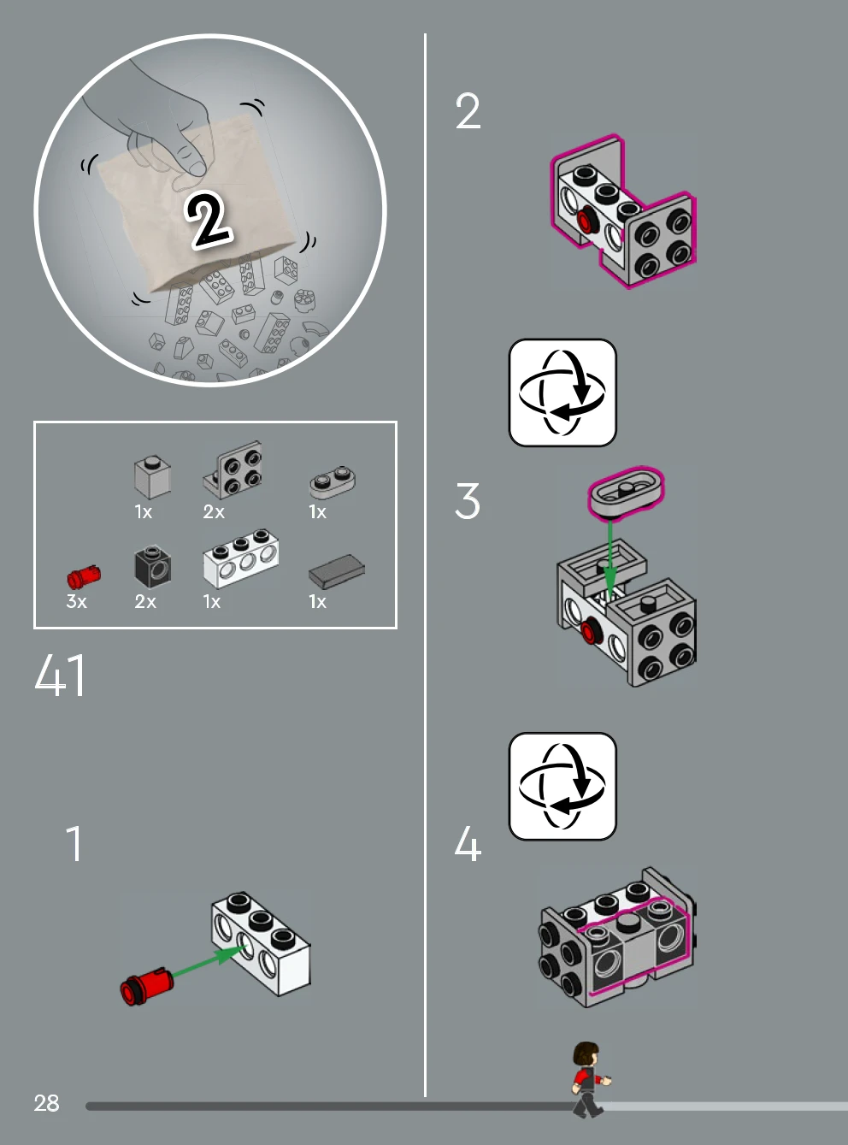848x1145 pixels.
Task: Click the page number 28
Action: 46,1103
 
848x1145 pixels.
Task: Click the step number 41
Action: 59,676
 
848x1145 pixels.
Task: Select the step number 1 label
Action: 74,843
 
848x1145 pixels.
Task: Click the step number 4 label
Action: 468,843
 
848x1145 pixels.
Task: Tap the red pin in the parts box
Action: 84,576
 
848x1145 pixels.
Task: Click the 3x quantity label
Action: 76,601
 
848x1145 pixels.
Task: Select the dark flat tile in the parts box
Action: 337,571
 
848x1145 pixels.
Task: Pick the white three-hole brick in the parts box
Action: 241,558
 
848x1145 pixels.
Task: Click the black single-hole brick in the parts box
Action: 152,566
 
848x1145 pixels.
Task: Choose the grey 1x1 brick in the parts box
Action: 152,477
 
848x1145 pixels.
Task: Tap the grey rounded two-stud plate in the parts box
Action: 333,481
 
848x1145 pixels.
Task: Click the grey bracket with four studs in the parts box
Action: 233,469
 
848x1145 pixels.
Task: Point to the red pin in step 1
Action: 146,987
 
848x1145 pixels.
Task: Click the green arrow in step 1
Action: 207,960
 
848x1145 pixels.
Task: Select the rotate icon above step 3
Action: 562,392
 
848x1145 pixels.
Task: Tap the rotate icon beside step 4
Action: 562,786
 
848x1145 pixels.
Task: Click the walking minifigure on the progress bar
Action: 590,1080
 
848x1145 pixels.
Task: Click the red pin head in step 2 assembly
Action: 585,221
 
